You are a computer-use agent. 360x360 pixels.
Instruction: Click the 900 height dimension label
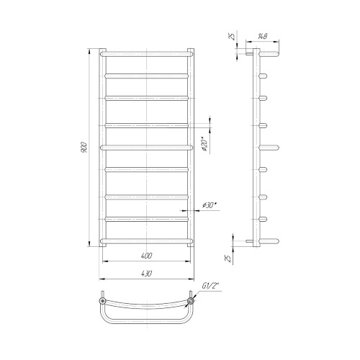coord(84,148)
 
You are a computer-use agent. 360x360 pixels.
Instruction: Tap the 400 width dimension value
coord(146,256)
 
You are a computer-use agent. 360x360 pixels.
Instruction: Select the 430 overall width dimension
coord(146,274)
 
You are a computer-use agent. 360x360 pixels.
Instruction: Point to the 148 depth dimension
coord(262,37)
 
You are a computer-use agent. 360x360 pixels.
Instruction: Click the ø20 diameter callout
coord(204,144)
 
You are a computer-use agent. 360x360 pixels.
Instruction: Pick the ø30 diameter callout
coord(210,205)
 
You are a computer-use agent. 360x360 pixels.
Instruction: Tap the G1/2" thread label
coord(210,286)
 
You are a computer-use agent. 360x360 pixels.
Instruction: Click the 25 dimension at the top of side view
coord(231,36)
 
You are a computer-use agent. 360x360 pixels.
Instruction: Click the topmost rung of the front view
coord(146,54)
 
